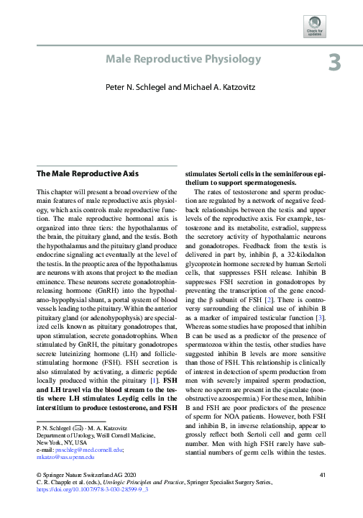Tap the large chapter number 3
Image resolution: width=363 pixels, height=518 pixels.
pos(335,63)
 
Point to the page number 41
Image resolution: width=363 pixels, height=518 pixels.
pos(323,475)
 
